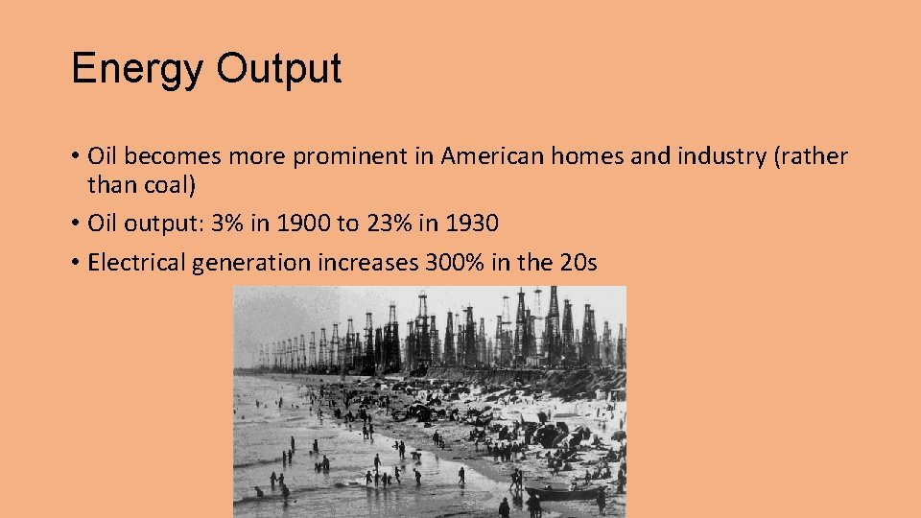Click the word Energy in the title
pyautogui.click(x=136, y=70)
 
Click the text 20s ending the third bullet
pyautogui.click(x=577, y=263)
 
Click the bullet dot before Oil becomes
pyautogui.click(x=75, y=157)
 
